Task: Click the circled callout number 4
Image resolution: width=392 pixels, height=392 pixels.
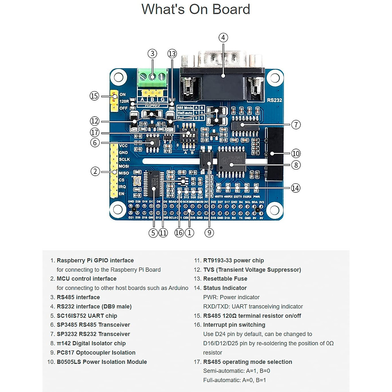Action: pos(223,38)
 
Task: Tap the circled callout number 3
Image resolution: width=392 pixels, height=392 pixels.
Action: pos(152,54)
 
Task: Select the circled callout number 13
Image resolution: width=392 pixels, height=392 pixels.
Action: pos(172,54)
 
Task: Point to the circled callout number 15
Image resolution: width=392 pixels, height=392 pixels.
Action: pos(94,96)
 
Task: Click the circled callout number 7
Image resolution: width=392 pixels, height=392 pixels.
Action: pos(296,124)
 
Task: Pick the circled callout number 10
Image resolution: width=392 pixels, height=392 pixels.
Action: pos(296,154)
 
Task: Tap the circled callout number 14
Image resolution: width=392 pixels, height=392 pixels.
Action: pos(295,188)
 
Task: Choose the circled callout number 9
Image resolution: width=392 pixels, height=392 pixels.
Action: pos(209,233)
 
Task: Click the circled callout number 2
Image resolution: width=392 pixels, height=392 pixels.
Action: pos(95,171)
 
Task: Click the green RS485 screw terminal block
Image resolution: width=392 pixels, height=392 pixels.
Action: pos(152,78)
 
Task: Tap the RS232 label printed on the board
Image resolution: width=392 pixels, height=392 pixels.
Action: pos(274,100)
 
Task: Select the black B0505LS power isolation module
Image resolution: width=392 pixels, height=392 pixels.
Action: pos(274,154)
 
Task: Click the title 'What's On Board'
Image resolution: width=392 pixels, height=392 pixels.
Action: pos(196,9)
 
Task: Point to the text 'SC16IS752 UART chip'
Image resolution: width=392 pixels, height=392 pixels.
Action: pos(87,316)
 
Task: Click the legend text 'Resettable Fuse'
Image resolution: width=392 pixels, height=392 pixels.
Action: pos(225,279)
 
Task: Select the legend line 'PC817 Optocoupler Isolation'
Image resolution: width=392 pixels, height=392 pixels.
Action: pos(96,352)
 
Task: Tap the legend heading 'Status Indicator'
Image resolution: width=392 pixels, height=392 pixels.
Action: pos(225,288)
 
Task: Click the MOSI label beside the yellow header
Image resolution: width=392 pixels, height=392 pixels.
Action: pos(124,166)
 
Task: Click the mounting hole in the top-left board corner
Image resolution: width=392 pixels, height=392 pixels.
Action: pos(118,77)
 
